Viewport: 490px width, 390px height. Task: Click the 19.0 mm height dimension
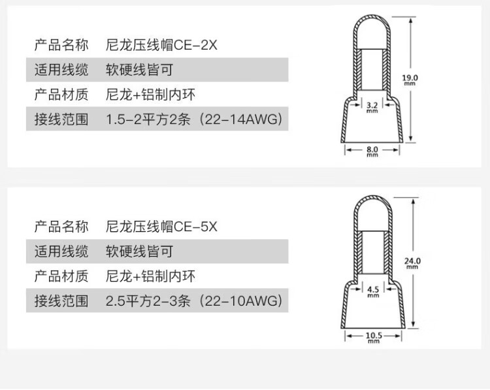pos(410,80)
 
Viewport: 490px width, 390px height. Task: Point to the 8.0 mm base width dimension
pos(372,151)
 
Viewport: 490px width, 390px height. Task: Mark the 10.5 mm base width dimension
pos(372,336)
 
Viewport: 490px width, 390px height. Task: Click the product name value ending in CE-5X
pos(161,227)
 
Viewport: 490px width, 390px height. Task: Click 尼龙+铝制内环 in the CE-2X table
pos(150,95)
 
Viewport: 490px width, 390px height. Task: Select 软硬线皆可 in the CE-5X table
pos(139,252)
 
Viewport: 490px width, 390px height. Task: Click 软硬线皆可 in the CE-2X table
pos(139,70)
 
